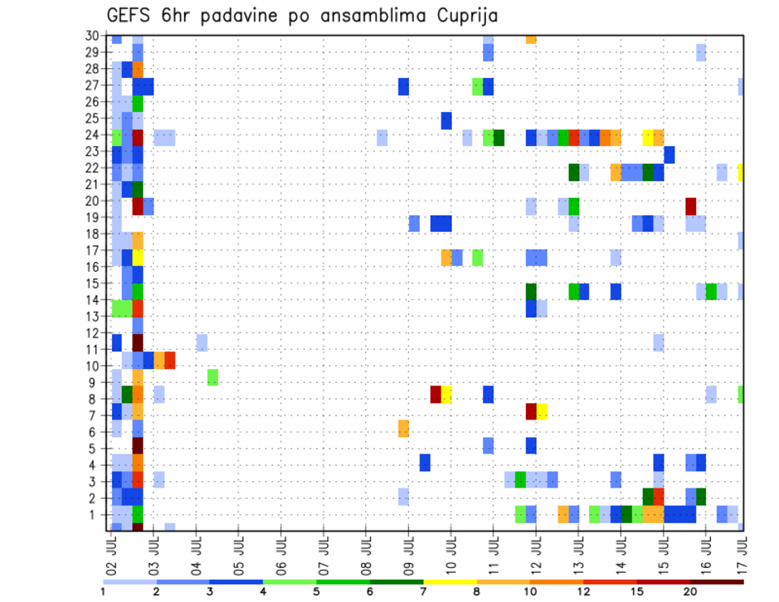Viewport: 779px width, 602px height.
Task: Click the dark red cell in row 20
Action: click(691, 206)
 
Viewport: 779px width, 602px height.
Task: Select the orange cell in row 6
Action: click(403, 428)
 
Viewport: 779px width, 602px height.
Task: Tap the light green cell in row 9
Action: click(213, 377)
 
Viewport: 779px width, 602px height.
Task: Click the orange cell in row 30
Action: click(531, 38)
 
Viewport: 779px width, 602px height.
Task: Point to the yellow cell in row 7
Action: click(541, 411)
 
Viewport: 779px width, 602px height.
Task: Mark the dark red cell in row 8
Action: click(436, 394)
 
